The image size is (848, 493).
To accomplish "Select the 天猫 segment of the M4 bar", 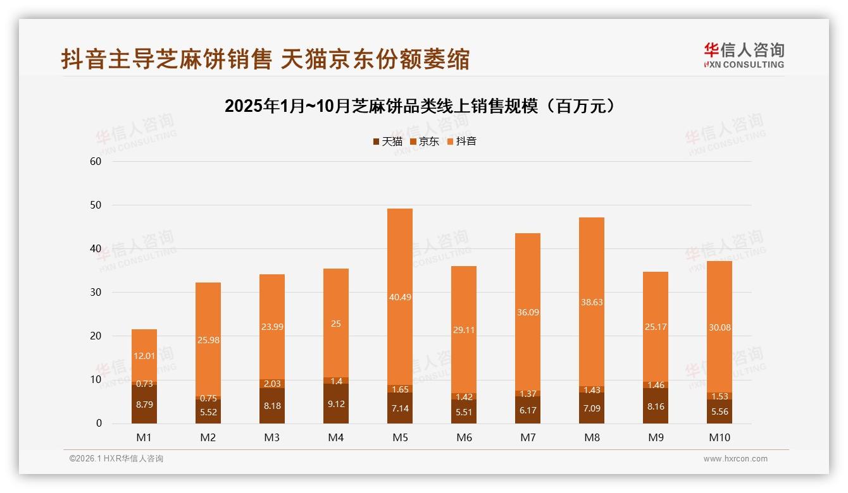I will pyautogui.click(x=336, y=404).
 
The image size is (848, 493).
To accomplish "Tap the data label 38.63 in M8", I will pyautogui.click(x=592, y=302).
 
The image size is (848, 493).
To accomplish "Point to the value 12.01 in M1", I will pyautogui.click(x=144, y=356).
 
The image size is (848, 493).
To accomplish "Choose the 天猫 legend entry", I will pyautogui.click(x=387, y=142).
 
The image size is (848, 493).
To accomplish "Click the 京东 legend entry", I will pyautogui.click(x=425, y=142).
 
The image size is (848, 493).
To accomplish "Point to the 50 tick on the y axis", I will pyautogui.click(x=96, y=205).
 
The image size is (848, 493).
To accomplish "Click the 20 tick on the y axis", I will pyautogui.click(x=96, y=336).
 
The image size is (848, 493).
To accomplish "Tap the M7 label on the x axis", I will pyautogui.click(x=527, y=437).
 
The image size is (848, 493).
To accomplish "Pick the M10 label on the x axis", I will pyautogui.click(x=719, y=437).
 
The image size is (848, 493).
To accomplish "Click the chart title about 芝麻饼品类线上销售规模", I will pyautogui.click(x=420, y=106).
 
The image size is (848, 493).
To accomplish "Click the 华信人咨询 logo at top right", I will pyautogui.click(x=744, y=55).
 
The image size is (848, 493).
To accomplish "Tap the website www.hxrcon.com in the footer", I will pyautogui.click(x=735, y=459).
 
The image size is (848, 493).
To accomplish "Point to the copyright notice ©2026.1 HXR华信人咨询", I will pyautogui.click(x=116, y=459).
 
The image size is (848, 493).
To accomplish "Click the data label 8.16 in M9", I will pyautogui.click(x=656, y=407).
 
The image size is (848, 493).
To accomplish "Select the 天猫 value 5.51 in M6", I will pyautogui.click(x=464, y=413).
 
